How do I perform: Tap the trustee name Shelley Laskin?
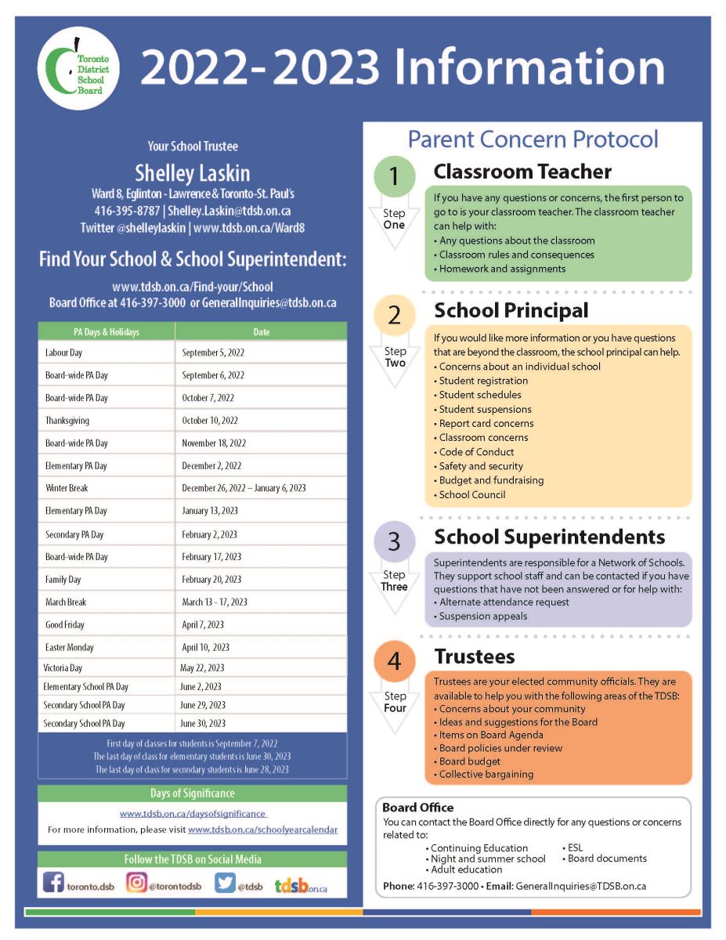[x=192, y=172]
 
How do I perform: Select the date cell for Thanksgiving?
[x=210, y=421]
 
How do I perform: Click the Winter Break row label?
[x=67, y=488]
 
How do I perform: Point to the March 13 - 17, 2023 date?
[x=215, y=602]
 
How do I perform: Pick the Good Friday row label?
[x=65, y=625]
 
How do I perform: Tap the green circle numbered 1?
[x=394, y=177]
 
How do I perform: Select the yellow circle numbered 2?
[x=394, y=315]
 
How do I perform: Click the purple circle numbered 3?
[x=394, y=541]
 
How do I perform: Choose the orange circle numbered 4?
[x=394, y=661]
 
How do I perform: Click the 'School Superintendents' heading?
[x=549, y=537]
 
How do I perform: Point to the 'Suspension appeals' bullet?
[x=482, y=616]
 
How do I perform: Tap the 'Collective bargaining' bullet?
[x=486, y=774]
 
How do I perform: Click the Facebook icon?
[x=53, y=883]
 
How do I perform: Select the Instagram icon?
[x=136, y=883]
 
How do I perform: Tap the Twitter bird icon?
[x=225, y=883]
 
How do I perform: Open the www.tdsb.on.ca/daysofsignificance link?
[x=193, y=814]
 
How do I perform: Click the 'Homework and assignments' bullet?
[x=501, y=269]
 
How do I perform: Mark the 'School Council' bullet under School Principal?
[x=471, y=494]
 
